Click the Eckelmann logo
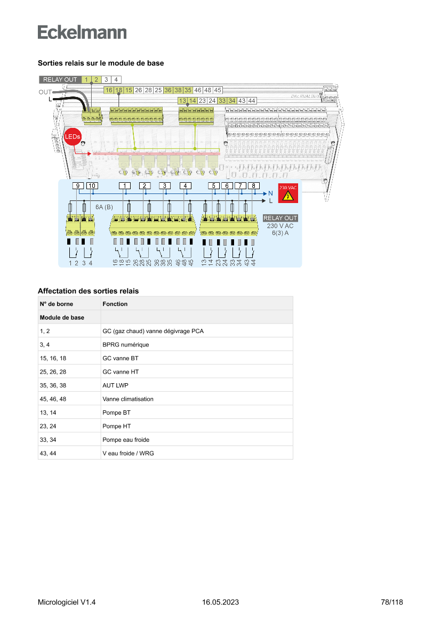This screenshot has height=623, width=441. pyautogui.click(x=82, y=33)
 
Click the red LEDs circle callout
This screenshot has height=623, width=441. pyautogui.click(x=73, y=137)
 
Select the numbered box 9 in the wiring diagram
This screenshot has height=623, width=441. pyautogui.click(x=78, y=185)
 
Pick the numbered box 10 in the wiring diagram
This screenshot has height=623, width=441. pyautogui.click(x=92, y=185)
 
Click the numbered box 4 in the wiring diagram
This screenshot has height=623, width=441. pyautogui.click(x=185, y=185)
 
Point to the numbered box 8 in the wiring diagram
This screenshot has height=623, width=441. pyautogui.click(x=254, y=185)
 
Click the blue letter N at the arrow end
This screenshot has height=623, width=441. pyautogui.click(x=270, y=193)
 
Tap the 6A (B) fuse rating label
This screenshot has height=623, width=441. pyautogui.click(x=104, y=206)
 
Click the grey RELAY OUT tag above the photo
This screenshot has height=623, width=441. pyautogui.click(x=60, y=79)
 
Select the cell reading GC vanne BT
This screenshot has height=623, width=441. pyautogui.click(x=120, y=358)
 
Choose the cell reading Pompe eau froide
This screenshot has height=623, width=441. pyautogui.click(x=126, y=440)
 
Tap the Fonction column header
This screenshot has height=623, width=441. pyautogui.click(x=115, y=304)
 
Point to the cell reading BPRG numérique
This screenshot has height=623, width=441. pyautogui.click(x=126, y=345)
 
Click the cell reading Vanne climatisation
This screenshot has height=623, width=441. pyautogui.click(x=128, y=399)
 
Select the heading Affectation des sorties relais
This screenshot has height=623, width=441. pyautogui.click(x=88, y=291)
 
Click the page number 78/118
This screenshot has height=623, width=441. pyautogui.click(x=392, y=602)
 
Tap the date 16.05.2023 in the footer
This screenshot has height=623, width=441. pyautogui.click(x=220, y=602)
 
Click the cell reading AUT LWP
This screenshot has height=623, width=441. pyautogui.click(x=115, y=385)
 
